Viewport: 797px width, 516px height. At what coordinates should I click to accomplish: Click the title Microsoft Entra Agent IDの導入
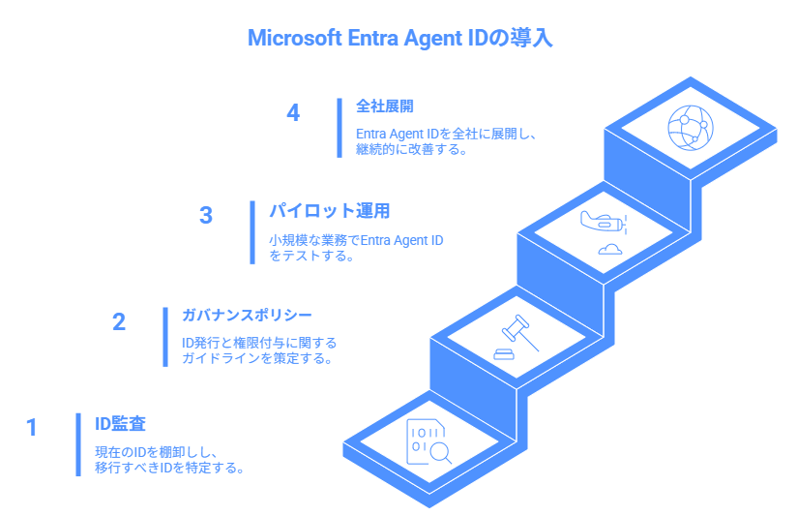[400, 38]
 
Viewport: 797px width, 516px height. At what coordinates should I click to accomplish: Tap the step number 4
[293, 112]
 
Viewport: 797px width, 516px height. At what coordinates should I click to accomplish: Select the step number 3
[206, 215]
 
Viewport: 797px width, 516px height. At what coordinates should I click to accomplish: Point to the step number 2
[119, 321]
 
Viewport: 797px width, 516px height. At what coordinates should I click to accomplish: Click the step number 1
[32, 428]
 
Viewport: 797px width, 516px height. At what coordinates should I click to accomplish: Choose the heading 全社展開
[385, 106]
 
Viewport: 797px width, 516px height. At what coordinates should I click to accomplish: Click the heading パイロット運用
[330, 211]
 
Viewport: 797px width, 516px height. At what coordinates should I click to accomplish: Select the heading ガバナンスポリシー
[247, 315]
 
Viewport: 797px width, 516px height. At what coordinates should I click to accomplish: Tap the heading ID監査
[121, 423]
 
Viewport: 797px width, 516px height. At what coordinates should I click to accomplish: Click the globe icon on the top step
[691, 128]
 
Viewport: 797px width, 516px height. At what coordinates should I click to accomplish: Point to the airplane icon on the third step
[604, 223]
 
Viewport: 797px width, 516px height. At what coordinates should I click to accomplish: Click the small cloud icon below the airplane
[610, 249]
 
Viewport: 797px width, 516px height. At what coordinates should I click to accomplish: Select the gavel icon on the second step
[516, 337]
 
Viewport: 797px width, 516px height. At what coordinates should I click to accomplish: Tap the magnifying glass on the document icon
[439, 451]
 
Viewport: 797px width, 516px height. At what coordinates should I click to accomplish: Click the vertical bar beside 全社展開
[339, 128]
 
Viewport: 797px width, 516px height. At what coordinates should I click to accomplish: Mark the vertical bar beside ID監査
[78, 444]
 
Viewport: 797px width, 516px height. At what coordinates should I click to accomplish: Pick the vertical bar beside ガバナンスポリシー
[165, 337]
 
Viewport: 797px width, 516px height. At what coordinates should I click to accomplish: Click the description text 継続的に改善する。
[411, 150]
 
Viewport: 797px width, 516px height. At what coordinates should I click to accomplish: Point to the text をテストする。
[311, 256]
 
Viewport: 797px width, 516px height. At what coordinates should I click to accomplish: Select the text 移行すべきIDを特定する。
[169, 468]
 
